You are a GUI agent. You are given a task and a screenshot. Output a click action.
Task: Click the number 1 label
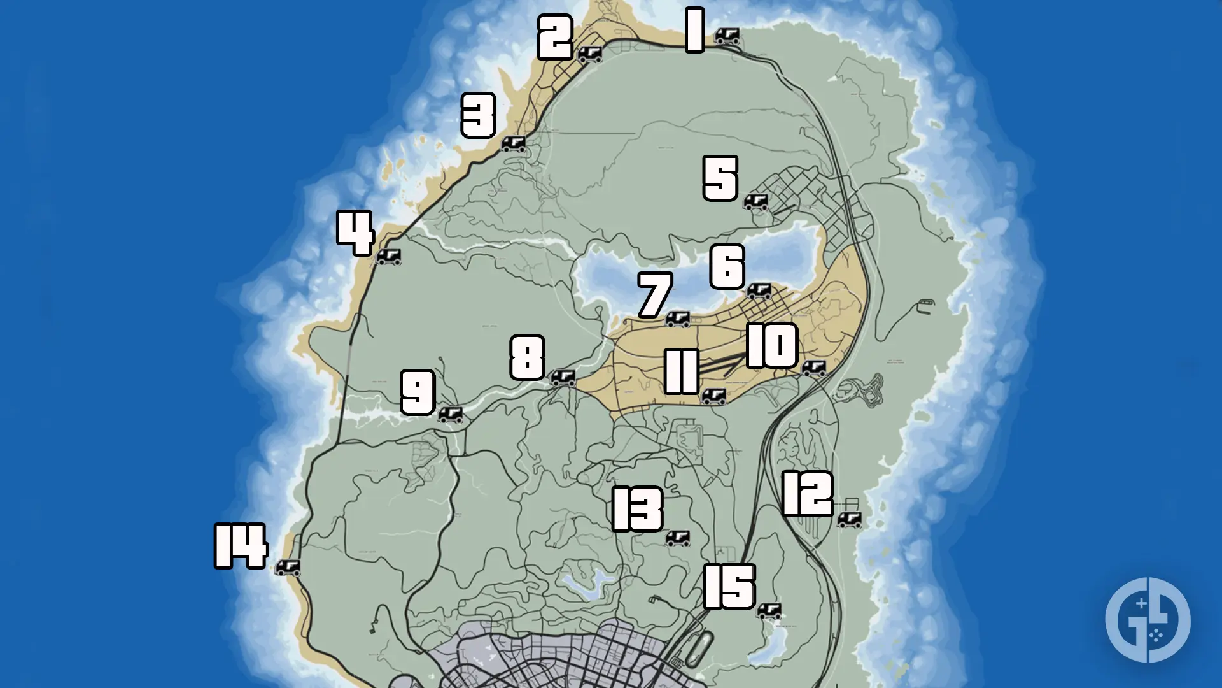(694, 30)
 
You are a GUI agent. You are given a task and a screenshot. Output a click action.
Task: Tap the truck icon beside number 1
(727, 36)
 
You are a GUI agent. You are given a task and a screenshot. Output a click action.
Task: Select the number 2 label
(556, 37)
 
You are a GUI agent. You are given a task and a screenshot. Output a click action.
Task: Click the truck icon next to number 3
(514, 143)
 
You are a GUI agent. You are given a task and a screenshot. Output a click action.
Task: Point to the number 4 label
(355, 233)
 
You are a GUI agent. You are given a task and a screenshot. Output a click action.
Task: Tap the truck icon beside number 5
(756, 202)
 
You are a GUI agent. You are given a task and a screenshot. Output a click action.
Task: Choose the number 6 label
(727, 266)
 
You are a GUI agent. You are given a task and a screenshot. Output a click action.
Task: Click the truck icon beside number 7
(677, 319)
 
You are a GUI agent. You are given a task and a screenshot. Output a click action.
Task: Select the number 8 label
(528, 357)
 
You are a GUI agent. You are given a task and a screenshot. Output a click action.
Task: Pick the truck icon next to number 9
(451, 415)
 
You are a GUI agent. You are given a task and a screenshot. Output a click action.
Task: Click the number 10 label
(772, 345)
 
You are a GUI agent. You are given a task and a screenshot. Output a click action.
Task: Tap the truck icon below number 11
(713, 397)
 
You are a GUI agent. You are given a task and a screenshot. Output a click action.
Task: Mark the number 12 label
(807, 494)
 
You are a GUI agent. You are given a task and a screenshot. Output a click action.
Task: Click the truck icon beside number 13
(677, 538)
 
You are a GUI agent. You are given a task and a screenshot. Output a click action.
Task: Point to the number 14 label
(241, 546)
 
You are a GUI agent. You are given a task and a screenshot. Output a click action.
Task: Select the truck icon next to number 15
(769, 611)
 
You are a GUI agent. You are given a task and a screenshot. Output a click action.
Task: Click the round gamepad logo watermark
(1148, 620)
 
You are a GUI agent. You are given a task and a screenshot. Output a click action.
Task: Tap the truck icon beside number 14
(288, 567)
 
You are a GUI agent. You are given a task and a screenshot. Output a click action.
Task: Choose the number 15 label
(730, 587)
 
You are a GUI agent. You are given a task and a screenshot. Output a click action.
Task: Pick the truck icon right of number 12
(849, 520)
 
